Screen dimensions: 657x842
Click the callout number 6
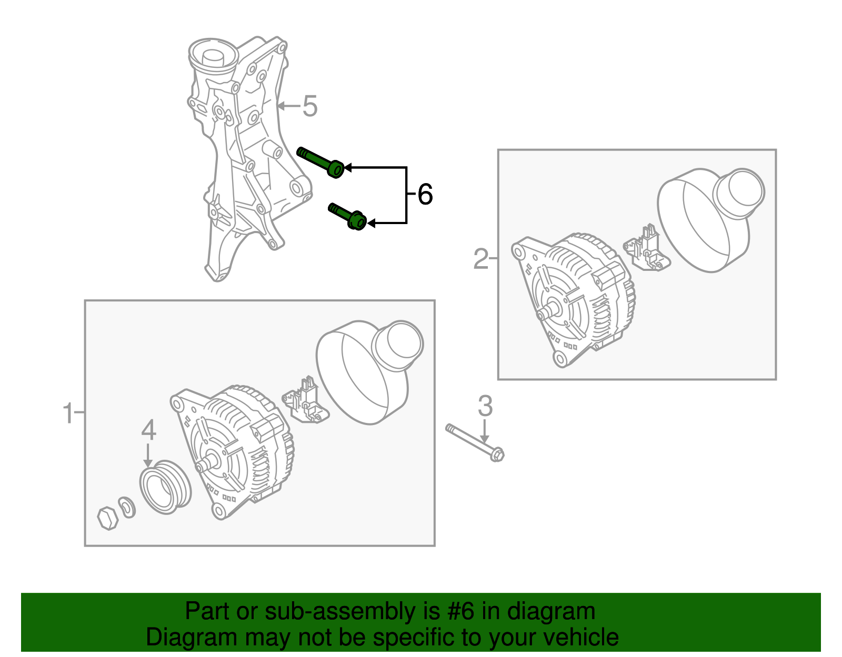[425, 195]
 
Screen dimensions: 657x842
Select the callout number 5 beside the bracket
[310, 106]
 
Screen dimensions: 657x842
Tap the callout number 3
[485, 406]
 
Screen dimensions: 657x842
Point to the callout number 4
[149, 430]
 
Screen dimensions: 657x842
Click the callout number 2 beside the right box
[481, 259]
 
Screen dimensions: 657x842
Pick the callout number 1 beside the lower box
[68, 413]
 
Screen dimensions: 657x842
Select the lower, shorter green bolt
[348, 216]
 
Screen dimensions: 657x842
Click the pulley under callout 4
[165, 487]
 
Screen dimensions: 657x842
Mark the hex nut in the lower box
[108, 518]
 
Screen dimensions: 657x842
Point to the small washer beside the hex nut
[127, 507]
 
